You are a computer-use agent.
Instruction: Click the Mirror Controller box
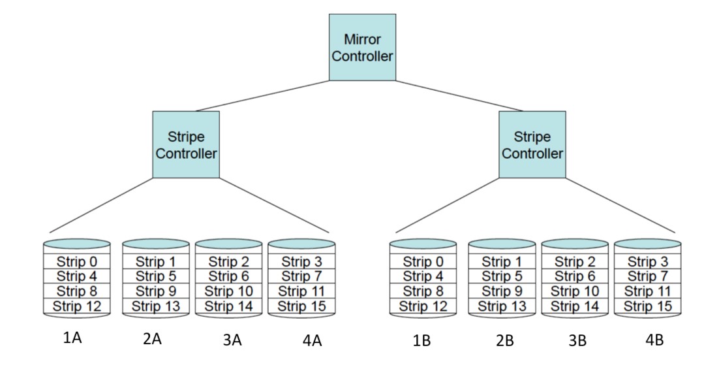(x=362, y=48)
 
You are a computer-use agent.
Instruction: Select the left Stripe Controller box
(x=186, y=144)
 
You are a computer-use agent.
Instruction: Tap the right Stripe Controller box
(x=532, y=144)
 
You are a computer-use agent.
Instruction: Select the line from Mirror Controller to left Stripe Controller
(x=261, y=96)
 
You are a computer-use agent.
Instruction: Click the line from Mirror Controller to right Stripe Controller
(x=460, y=96)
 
